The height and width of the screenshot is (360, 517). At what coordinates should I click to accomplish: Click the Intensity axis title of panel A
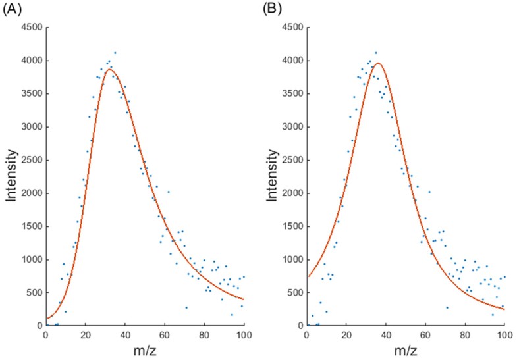pos(11,176)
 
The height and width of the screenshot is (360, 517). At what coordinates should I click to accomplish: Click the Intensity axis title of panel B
pos(272,176)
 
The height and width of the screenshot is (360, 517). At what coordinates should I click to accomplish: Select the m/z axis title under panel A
pos(145,350)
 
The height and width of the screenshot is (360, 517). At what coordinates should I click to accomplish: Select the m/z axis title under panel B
pos(406,350)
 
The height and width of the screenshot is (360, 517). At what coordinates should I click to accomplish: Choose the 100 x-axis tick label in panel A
pos(244,334)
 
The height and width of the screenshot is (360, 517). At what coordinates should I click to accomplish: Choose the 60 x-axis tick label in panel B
pos(425,334)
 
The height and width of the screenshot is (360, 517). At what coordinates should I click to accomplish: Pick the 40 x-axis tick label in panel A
pos(125,334)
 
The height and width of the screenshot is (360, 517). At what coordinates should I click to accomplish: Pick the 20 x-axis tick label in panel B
pos(346,334)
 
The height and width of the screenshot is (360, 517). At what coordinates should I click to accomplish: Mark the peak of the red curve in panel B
pos(377,63)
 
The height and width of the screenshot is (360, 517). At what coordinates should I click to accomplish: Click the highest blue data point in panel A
pos(115,53)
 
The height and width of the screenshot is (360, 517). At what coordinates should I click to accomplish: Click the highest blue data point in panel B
pos(375,53)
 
